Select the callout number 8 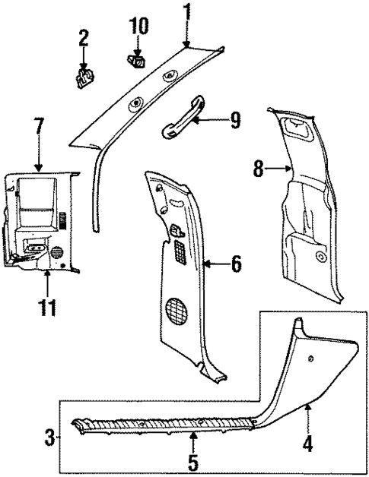point(259,169)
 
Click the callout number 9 point(235,118)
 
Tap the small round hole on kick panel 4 point(312,357)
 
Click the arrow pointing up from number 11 point(47,283)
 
